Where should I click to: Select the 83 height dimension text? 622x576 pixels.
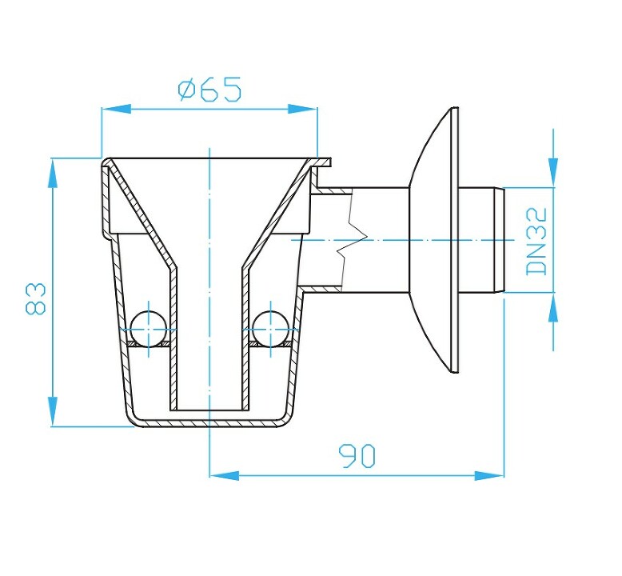pyautogui.click(x=36, y=298)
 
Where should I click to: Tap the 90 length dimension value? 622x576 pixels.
pyautogui.click(x=357, y=456)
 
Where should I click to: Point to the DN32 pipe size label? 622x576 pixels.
pyautogui.click(x=536, y=242)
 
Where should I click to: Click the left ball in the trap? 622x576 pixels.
pyautogui.click(x=149, y=328)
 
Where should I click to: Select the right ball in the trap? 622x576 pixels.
pyautogui.click(x=270, y=328)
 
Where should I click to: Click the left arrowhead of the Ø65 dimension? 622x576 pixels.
pyautogui.click(x=117, y=109)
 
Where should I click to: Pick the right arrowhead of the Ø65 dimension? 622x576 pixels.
pyautogui.click(x=303, y=109)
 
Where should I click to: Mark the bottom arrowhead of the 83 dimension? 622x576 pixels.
pyautogui.click(x=52, y=412)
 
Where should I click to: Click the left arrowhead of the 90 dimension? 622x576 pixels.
pyautogui.click(x=224, y=475)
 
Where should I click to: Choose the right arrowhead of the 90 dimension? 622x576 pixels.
pyautogui.click(x=489, y=475)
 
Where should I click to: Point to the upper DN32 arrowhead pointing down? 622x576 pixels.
pyautogui.click(x=553, y=172)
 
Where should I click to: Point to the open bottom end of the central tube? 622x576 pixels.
pyautogui.click(x=209, y=410)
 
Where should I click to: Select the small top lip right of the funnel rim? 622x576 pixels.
pyautogui.click(x=321, y=162)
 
